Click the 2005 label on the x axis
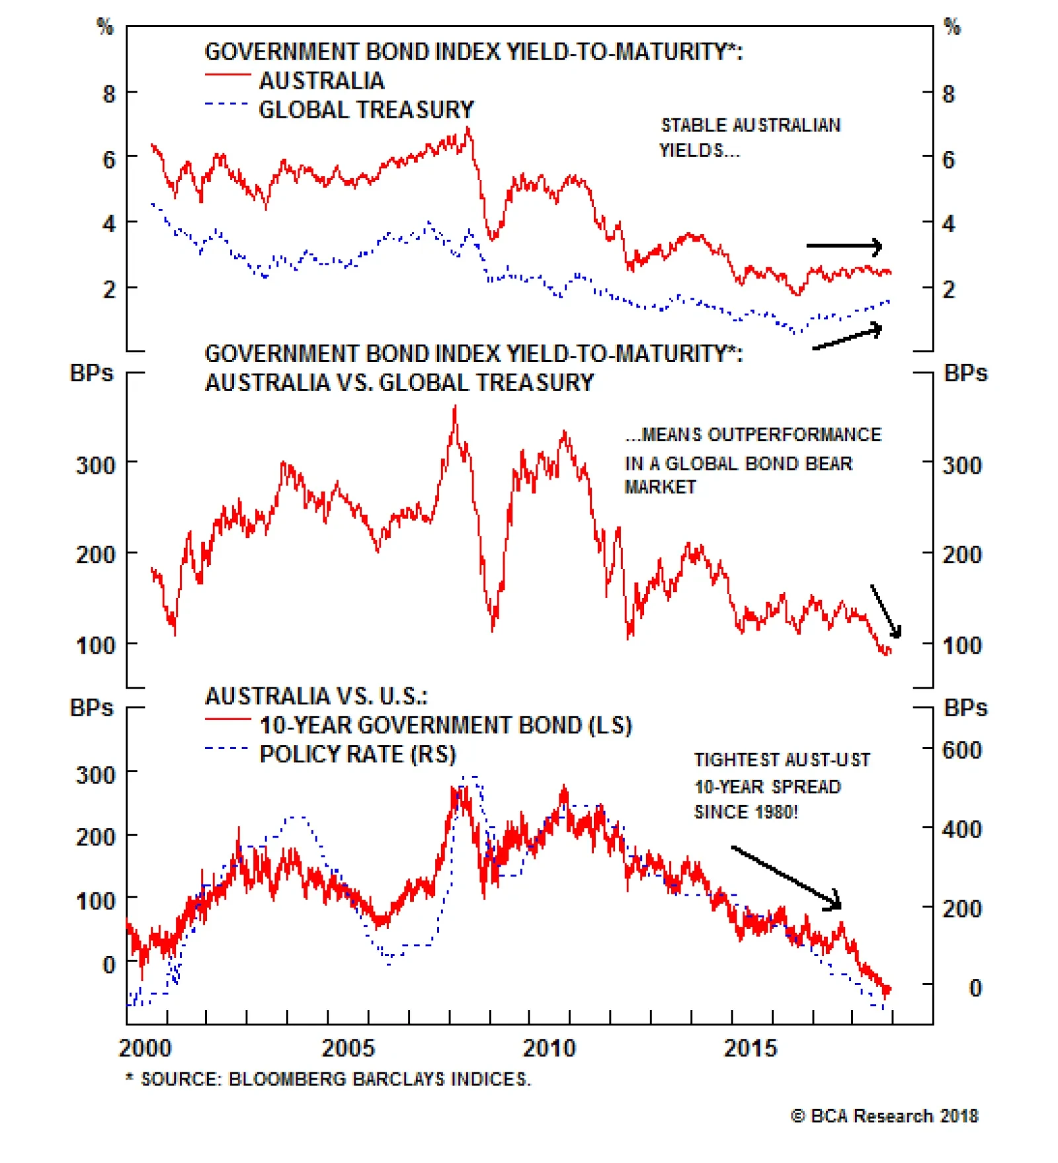[x=348, y=1048]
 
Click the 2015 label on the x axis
[x=750, y=1048]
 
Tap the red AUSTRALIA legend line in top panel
[x=227, y=75]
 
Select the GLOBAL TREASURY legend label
[x=366, y=110]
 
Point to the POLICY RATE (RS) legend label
[x=358, y=754]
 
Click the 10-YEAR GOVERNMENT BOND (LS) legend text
[x=446, y=725]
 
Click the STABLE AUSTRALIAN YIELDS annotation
[x=750, y=138]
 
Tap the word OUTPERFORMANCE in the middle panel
[x=794, y=435]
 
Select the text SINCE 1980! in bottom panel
[x=746, y=812]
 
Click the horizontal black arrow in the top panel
[x=844, y=247]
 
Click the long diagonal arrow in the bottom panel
[x=786, y=877]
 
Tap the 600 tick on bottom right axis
[x=961, y=750]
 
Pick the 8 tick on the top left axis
[x=109, y=94]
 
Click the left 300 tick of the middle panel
[x=96, y=465]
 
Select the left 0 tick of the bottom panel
[x=109, y=965]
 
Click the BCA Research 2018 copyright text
[x=885, y=1116]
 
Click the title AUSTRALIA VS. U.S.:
[x=316, y=696]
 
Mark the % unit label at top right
[x=952, y=27]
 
